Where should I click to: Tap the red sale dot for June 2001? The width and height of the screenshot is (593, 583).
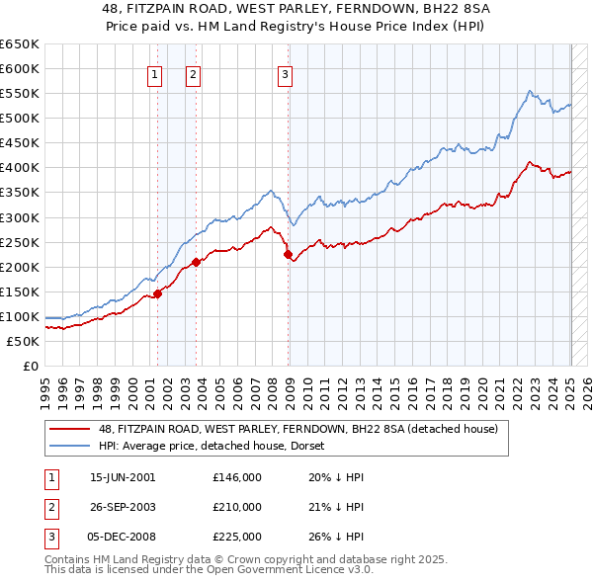pyautogui.click(x=157, y=292)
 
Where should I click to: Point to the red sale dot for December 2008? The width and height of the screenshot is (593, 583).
pyautogui.click(x=289, y=254)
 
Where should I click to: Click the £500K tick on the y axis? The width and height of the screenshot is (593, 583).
pyautogui.click(x=20, y=118)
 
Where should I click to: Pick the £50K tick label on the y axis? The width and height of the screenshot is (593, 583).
pyautogui.click(x=23, y=341)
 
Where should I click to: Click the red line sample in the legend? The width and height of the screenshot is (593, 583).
pyautogui.click(x=71, y=429)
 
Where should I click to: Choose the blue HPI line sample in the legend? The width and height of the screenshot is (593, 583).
pyautogui.click(x=71, y=446)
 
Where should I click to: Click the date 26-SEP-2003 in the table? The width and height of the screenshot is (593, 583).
pyautogui.click(x=123, y=507)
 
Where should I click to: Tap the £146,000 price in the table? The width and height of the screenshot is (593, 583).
pyautogui.click(x=237, y=477)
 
